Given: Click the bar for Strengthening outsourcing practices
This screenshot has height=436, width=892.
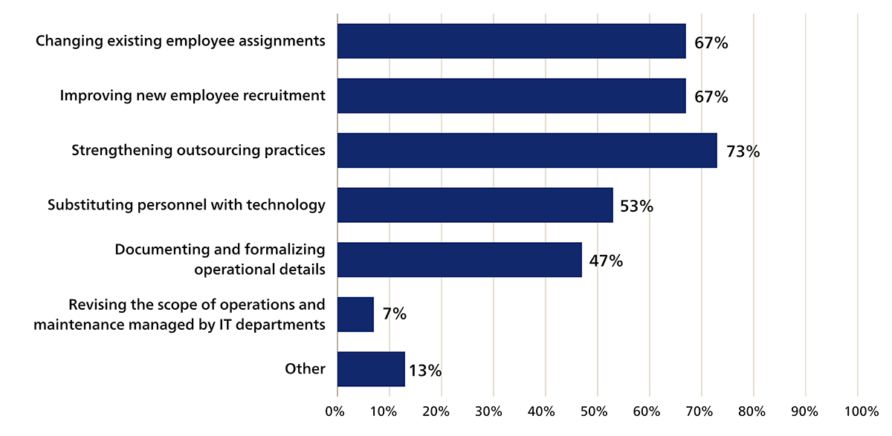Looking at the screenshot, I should [526, 151].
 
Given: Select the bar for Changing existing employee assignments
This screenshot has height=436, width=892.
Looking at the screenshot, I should [511, 41].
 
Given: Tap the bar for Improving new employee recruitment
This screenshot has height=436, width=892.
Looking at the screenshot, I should [511, 96].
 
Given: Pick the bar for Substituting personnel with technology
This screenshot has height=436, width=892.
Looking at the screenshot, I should [474, 205].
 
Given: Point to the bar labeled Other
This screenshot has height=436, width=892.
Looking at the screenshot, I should [370, 369].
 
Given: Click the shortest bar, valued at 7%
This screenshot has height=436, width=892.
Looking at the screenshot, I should [355, 314].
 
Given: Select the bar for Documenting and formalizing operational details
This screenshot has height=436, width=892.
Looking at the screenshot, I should [459, 259].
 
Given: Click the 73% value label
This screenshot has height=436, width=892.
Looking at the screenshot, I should [743, 152].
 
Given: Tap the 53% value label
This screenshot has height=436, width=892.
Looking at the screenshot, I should [636, 206].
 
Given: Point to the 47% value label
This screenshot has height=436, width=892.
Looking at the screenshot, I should [606, 261].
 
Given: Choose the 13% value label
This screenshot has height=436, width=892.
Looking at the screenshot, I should [424, 370].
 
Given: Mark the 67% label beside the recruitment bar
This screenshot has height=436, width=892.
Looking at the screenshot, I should [711, 97].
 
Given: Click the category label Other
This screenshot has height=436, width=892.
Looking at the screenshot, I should [305, 368].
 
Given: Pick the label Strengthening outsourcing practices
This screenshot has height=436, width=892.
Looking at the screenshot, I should [198, 150].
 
